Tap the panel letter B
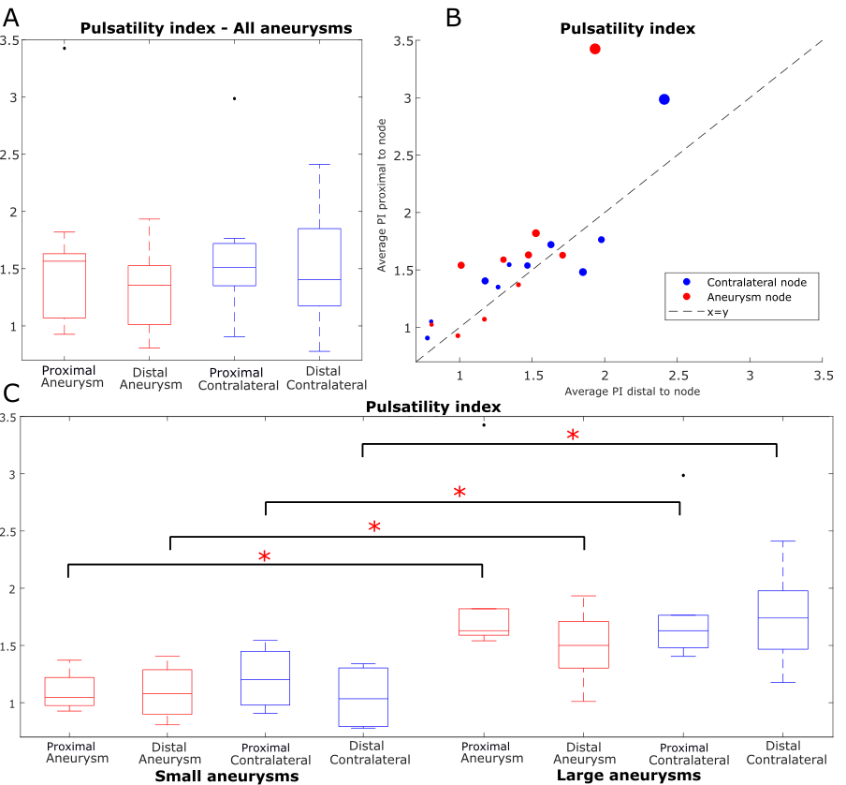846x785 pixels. click(453, 16)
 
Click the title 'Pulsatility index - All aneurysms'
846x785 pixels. click(215, 28)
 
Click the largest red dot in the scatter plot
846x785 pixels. click(594, 49)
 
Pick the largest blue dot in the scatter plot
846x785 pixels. click(664, 99)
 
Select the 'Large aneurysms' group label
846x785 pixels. click(628, 777)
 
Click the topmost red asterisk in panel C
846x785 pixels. click(573, 436)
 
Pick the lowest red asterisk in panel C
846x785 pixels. click(265, 557)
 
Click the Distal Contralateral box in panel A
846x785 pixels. click(320, 267)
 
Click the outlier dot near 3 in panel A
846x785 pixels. click(234, 98)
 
